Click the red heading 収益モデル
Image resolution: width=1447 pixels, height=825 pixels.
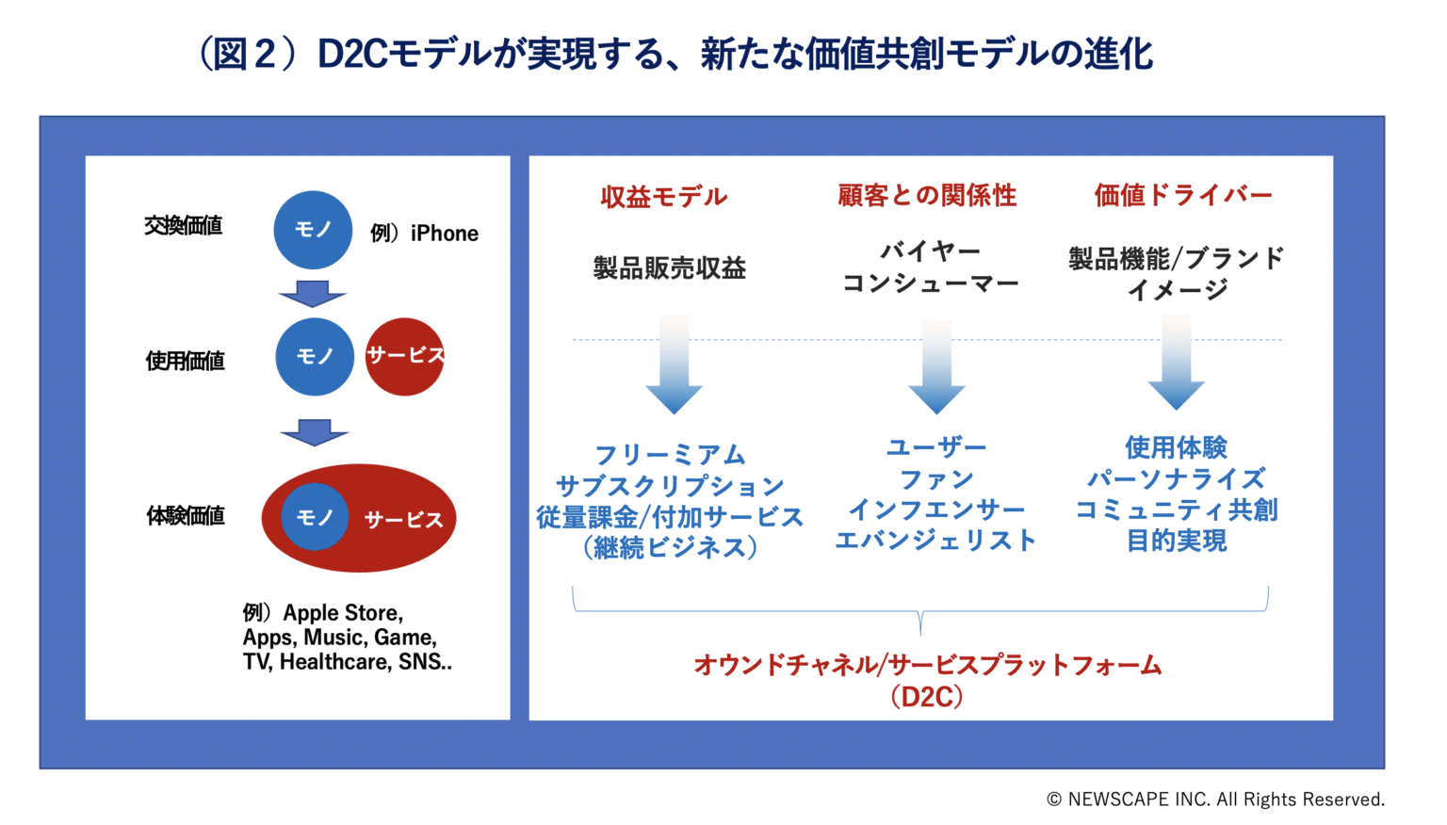[x=663, y=197]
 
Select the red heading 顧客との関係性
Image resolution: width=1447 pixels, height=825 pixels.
[x=927, y=195]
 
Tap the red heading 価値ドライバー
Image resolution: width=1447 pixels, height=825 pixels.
[x=1182, y=195]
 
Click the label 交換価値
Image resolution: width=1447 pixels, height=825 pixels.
[x=183, y=226]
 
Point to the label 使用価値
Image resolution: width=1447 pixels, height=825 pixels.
[x=185, y=361]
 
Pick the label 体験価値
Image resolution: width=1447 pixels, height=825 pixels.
[x=185, y=516]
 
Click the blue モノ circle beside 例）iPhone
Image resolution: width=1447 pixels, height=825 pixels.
[x=313, y=230]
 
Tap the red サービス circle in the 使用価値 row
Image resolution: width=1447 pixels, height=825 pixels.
[x=404, y=356]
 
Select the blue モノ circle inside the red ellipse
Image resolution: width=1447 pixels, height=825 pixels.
[x=315, y=517]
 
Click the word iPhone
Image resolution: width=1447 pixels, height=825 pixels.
[x=445, y=234]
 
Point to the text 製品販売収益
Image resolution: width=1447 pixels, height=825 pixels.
[x=669, y=268]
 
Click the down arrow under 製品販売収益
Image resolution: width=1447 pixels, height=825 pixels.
[x=674, y=367]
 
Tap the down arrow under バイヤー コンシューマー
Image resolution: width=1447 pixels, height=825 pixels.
[x=935, y=367]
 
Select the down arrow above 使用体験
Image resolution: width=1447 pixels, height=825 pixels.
[x=1176, y=365]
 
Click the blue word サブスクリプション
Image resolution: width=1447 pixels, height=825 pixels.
[x=670, y=486]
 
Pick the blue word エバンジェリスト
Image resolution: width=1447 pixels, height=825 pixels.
[x=935, y=541]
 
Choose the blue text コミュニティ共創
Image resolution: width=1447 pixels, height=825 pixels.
[x=1177, y=510]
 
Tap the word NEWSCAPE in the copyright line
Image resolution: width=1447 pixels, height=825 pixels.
[x=1118, y=800]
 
